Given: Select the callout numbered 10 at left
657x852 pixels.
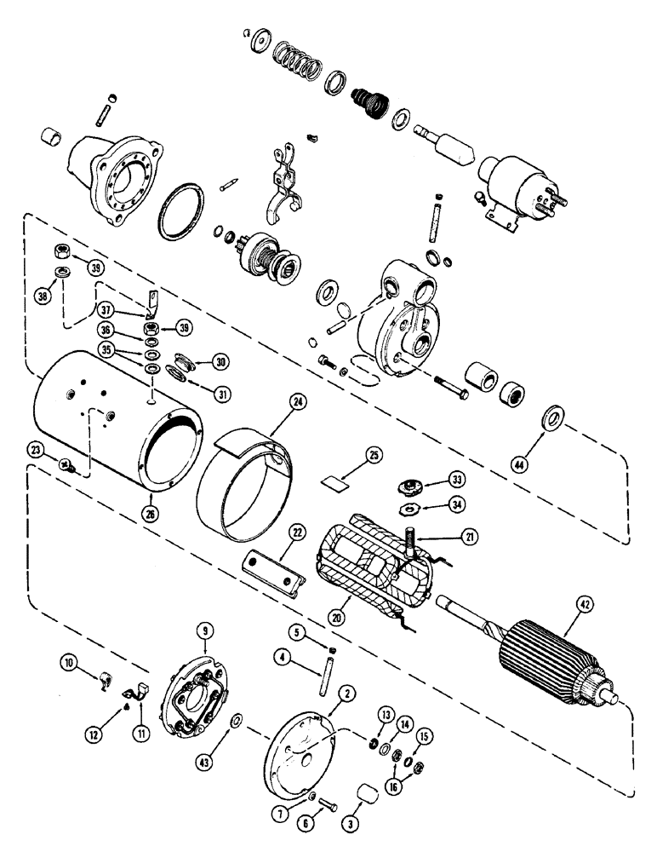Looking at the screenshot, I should click(69, 661).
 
